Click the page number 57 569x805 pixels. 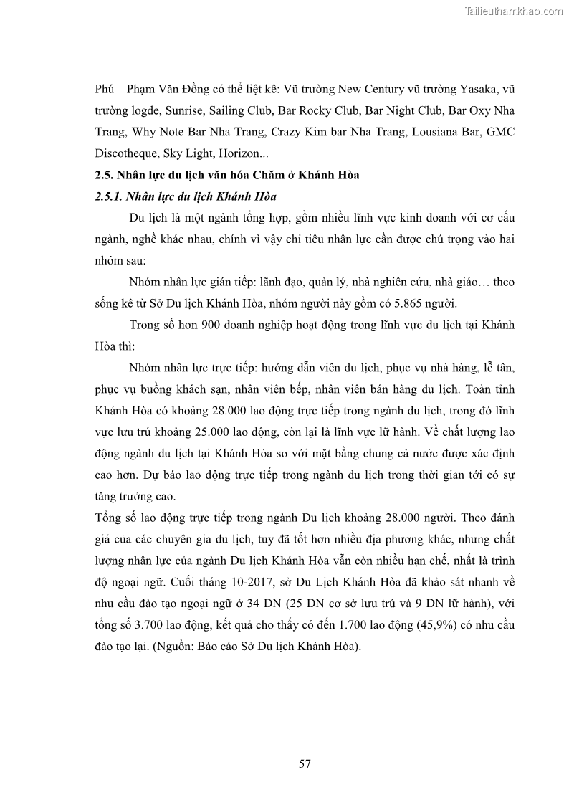pyautogui.click(x=305, y=763)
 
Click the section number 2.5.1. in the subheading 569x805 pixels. pyautogui.click(x=113, y=196)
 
